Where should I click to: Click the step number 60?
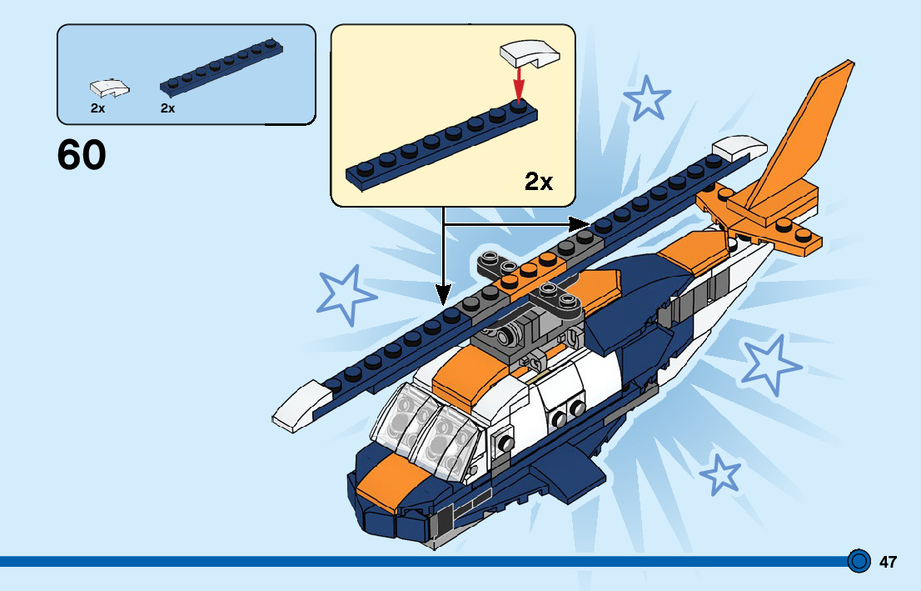click(x=82, y=155)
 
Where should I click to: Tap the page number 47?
click(x=888, y=562)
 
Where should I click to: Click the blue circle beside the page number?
click(x=859, y=561)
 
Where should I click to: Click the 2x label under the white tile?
click(x=97, y=108)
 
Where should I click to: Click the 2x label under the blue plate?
click(x=167, y=108)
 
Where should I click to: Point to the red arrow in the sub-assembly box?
click(x=520, y=83)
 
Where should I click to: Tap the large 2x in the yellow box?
click(x=539, y=181)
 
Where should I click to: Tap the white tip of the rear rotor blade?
click(x=739, y=148)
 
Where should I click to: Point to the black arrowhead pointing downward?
click(x=443, y=293)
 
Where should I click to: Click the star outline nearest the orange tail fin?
click(x=646, y=98)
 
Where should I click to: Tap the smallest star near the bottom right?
click(x=720, y=475)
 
